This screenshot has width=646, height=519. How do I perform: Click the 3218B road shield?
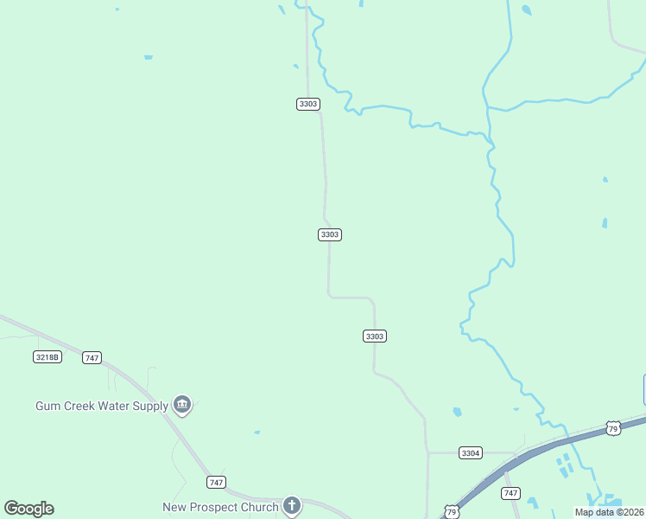click(47, 356)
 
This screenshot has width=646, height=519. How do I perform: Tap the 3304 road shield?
click(471, 452)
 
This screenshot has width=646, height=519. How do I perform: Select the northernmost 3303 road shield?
click(308, 104)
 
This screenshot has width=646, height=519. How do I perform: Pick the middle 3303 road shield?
click(330, 234)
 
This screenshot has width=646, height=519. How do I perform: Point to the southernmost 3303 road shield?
click(374, 336)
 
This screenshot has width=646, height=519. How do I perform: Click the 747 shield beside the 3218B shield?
click(92, 357)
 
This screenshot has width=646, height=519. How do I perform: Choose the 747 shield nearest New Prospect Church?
click(216, 482)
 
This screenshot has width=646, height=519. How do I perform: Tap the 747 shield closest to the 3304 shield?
click(511, 493)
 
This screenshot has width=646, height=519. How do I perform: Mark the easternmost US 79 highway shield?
click(613, 428)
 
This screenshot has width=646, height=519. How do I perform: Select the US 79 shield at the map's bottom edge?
click(451, 512)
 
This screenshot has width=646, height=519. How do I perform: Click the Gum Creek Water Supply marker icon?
click(182, 404)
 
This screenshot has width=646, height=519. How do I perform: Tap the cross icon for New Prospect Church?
click(292, 506)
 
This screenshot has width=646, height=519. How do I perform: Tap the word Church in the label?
click(262, 507)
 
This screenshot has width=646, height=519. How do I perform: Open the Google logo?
click(28, 509)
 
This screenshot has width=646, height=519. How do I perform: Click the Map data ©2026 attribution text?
click(609, 512)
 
